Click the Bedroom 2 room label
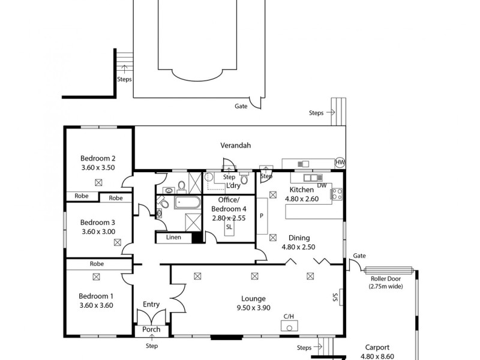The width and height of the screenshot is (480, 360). pyautogui.click(x=98, y=158)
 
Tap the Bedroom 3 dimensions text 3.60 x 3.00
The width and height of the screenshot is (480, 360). pyautogui.click(x=98, y=231)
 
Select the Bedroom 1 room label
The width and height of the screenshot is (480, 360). pyautogui.click(x=97, y=296)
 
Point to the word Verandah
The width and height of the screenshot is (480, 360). pyautogui.click(x=235, y=145)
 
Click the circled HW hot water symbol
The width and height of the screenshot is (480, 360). pyautogui.click(x=340, y=163)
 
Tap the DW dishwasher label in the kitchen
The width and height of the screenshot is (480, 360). pyautogui.click(x=322, y=185)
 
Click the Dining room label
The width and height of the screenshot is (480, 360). pyautogui.click(x=299, y=237)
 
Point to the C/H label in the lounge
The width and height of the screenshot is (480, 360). pyautogui.click(x=289, y=316)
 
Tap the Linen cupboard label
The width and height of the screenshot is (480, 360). pyautogui.click(x=174, y=238)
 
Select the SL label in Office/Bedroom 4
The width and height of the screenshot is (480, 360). pyautogui.click(x=229, y=226)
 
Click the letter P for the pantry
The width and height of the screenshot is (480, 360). pyautogui.click(x=261, y=215)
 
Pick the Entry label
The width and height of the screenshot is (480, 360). pyautogui.click(x=151, y=304)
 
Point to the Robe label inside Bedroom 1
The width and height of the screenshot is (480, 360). pyautogui.click(x=97, y=263)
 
